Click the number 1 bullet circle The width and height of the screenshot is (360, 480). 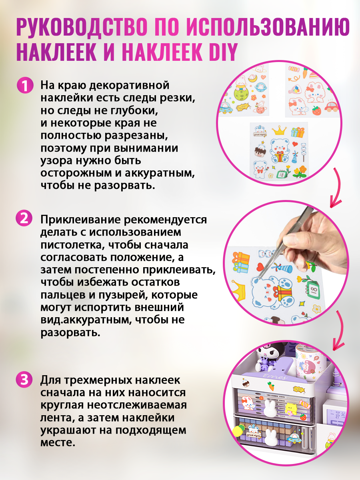click(25, 86)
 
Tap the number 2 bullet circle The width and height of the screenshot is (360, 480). click(24, 218)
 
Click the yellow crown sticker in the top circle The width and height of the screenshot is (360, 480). click(279, 130)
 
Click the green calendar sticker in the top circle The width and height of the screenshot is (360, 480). click(282, 174)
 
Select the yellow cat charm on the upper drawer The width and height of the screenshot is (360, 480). click(292, 409)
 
